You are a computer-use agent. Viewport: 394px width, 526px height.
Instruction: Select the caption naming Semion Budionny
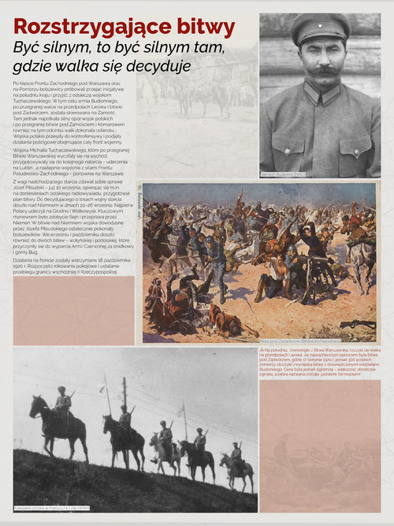[x=283, y=173]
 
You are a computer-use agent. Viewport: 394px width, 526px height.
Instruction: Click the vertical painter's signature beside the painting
[x=139, y=197]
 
